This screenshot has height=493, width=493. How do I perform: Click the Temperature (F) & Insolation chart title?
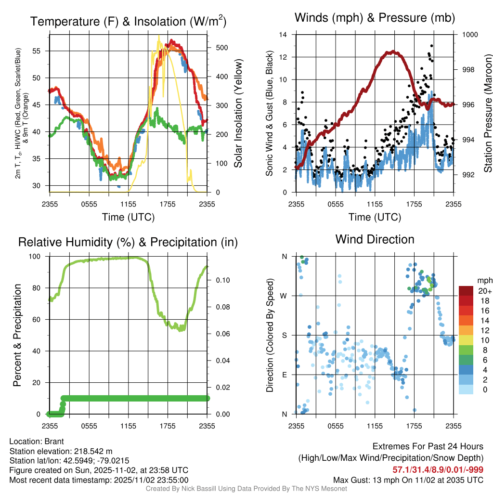(x=128, y=21)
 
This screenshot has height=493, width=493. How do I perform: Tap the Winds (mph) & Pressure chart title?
(x=375, y=18)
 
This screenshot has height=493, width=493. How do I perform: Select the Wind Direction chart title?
(x=375, y=239)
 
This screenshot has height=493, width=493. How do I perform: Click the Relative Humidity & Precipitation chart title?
(x=128, y=242)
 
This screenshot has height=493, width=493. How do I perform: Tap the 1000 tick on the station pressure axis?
(x=469, y=35)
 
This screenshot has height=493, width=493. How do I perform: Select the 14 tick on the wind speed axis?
(x=283, y=35)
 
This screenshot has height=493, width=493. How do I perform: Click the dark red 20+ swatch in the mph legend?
(x=466, y=291)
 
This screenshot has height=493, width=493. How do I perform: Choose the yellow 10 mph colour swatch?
(x=466, y=340)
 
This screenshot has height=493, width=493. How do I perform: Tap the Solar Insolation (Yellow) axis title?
(x=238, y=114)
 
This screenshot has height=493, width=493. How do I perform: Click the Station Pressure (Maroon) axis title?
(x=488, y=114)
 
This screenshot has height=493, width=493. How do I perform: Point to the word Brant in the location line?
(x=54, y=441)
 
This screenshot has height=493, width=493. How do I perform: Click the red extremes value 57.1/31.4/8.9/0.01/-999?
(x=438, y=469)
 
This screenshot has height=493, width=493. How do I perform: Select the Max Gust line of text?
(x=408, y=480)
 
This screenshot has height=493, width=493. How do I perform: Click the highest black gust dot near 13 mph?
(x=431, y=46)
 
